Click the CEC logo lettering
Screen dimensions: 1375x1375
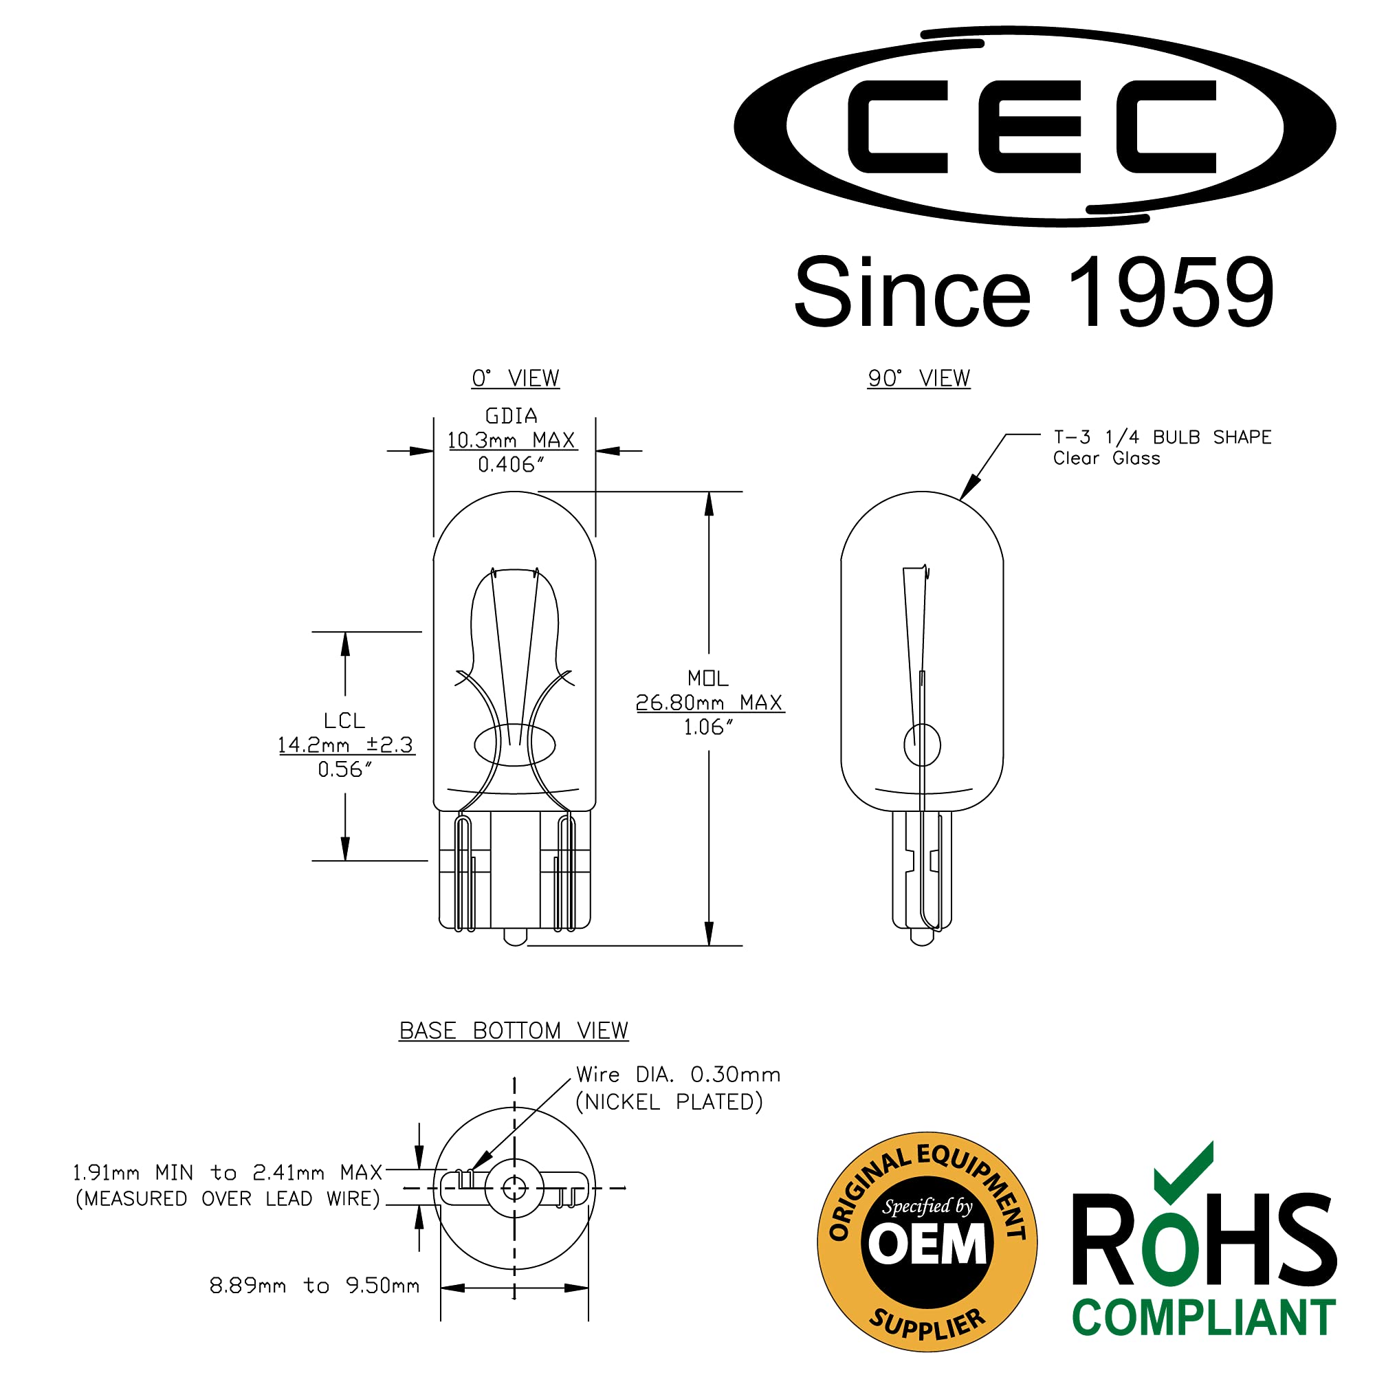tap(1032, 126)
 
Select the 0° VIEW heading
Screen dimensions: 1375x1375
tap(515, 378)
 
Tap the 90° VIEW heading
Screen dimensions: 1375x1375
tap(918, 378)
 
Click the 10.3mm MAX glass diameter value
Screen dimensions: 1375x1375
tap(511, 440)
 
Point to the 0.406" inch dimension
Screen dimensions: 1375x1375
tap(511, 465)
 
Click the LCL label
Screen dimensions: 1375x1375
tap(344, 721)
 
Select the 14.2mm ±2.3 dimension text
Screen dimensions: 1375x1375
tap(345, 745)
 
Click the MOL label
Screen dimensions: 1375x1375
tap(707, 678)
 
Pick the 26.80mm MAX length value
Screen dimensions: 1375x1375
tap(709, 703)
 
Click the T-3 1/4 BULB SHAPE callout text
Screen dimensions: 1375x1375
tap(1161, 437)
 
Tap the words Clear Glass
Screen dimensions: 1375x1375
tap(1106, 459)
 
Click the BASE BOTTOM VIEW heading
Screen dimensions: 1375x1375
tap(513, 1031)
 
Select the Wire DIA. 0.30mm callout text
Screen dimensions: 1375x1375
tap(678, 1075)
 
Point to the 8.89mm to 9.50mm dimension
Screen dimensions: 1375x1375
tap(314, 1286)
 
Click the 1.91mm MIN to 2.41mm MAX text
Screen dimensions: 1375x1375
tap(228, 1172)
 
